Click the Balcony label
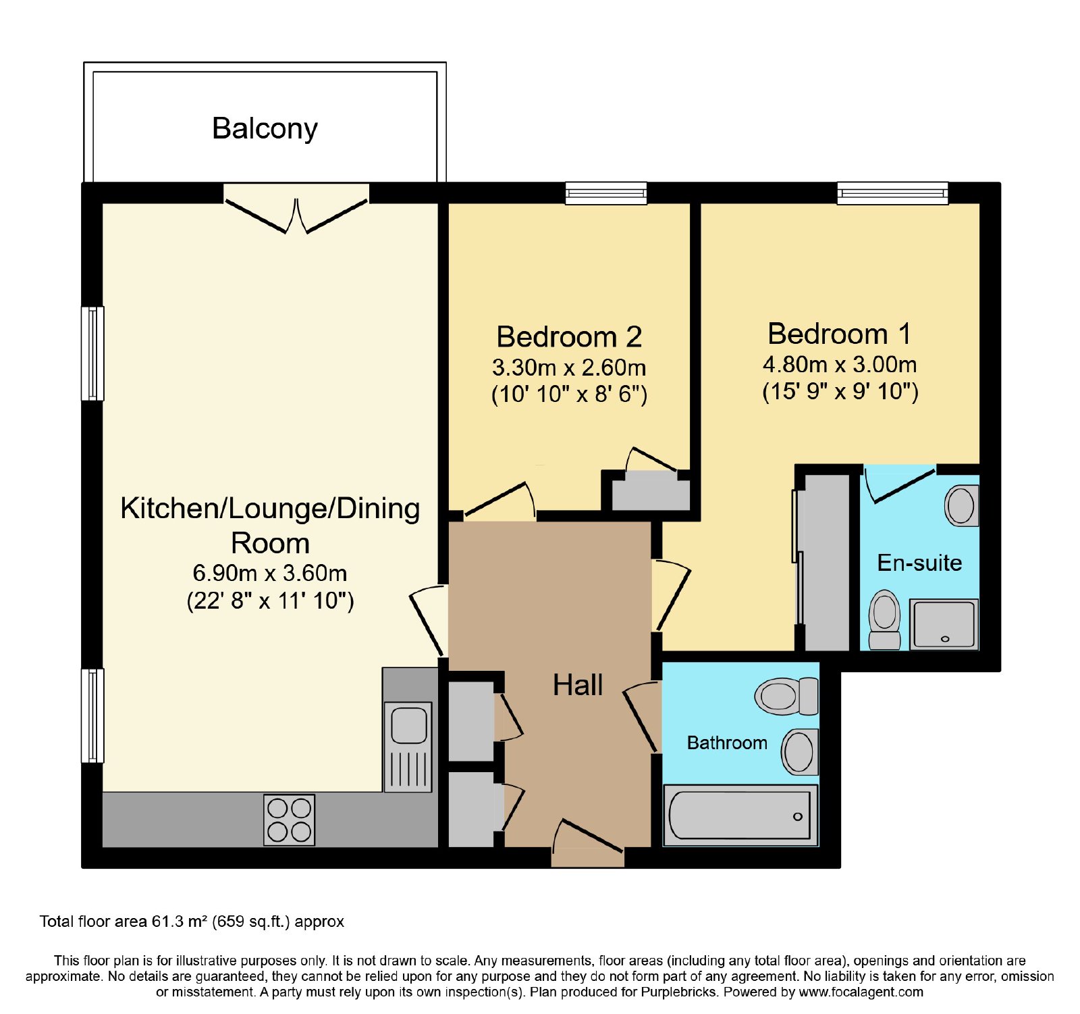pos(265,129)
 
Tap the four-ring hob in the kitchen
pos(289,819)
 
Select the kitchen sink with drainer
pos(408,746)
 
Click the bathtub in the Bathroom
pos(740,815)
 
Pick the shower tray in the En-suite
pos(944,625)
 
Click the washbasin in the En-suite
pos(961,505)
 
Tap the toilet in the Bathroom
pos(786,696)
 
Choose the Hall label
pos(578,685)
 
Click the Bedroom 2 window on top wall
pos(606,193)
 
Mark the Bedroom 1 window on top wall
pos(892,193)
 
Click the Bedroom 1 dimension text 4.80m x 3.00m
pos(840,365)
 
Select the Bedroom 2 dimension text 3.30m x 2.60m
pos(569,367)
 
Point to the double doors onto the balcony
pos(296,209)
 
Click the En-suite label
pos(919,563)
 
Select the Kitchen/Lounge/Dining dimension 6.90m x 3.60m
pos(270,574)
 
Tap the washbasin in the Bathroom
pos(800,752)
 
